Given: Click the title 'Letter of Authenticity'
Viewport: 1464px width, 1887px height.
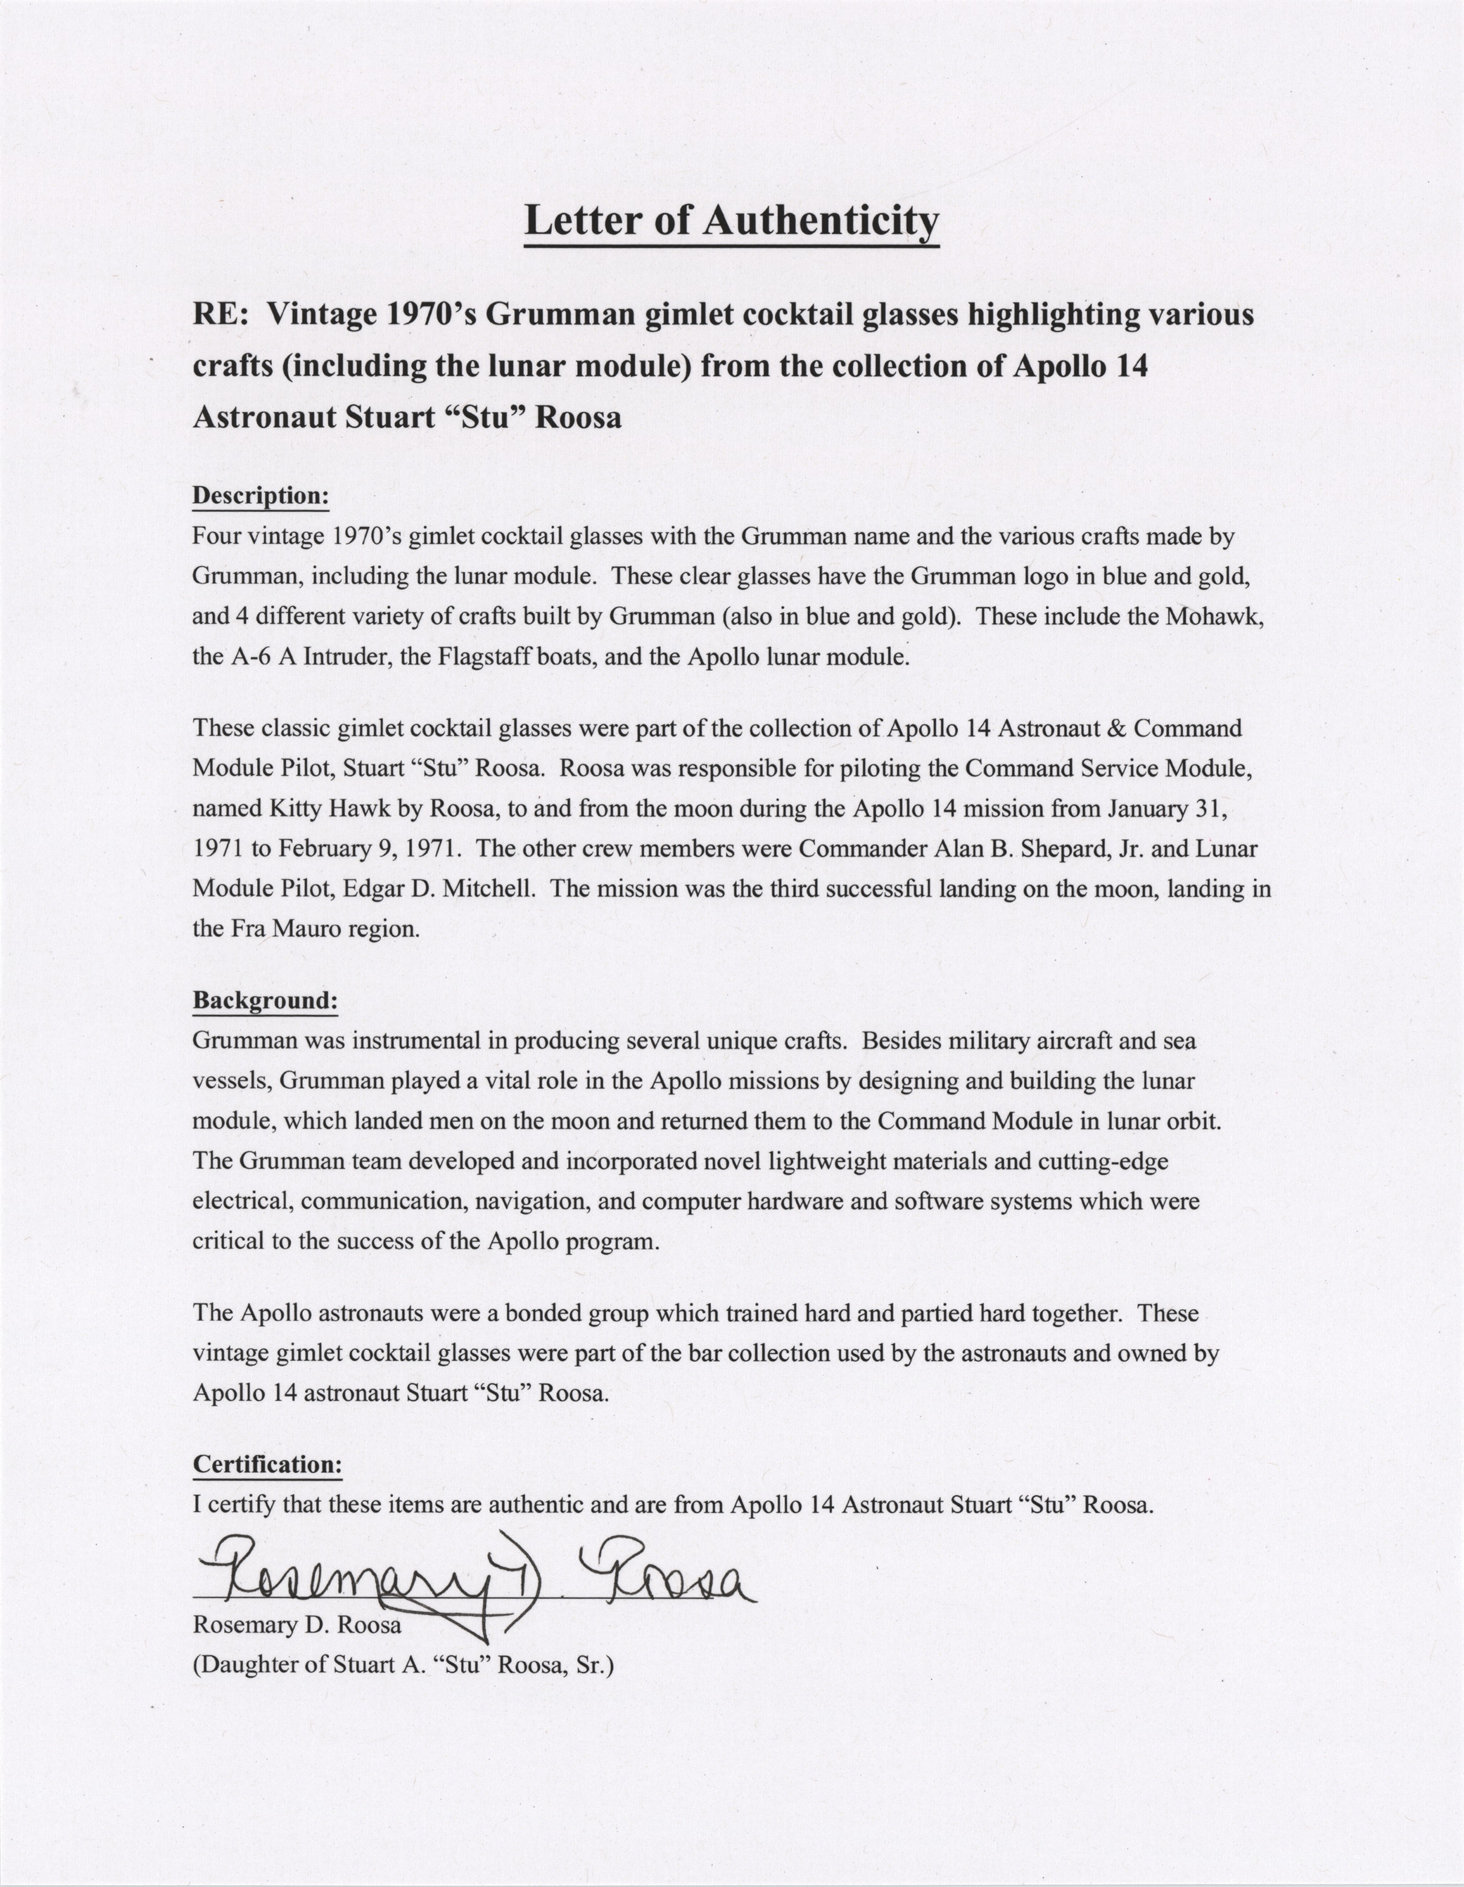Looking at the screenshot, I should (x=731, y=221).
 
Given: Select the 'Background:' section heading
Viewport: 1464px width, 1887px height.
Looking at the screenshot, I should (x=264, y=1001).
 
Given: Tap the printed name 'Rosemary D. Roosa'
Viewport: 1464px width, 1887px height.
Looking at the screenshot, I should (x=296, y=1625).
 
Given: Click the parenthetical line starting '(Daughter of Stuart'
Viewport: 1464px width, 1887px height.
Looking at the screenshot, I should (x=403, y=1665).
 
